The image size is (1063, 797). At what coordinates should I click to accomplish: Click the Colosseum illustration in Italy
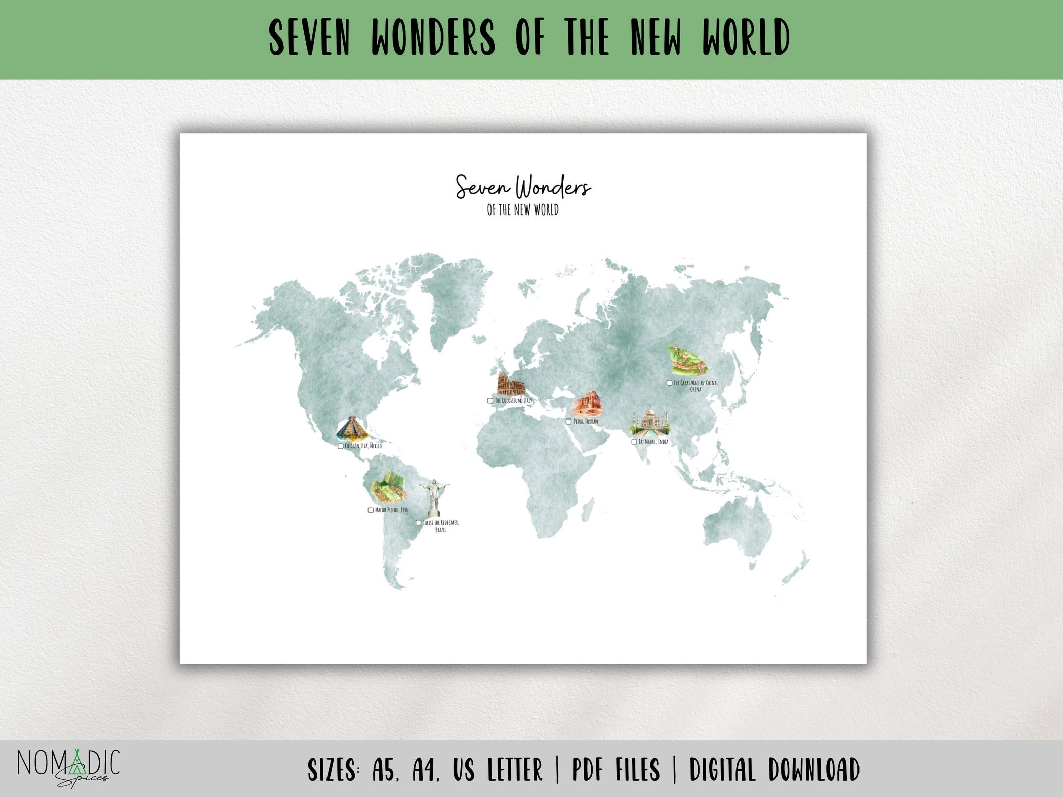pos(511,384)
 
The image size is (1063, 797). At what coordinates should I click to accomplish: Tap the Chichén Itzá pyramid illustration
pos(352,429)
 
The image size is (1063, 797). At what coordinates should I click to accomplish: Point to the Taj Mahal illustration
pos(649,423)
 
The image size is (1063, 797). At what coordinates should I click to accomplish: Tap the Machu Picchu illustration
pos(388,488)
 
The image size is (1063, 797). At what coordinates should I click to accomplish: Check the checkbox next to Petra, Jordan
pos(568,422)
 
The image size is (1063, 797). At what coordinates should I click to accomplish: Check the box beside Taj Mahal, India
pos(634,442)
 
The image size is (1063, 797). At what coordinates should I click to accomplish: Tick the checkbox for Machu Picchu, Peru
pos(371,510)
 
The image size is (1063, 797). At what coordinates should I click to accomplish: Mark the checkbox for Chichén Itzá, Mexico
pos(340,446)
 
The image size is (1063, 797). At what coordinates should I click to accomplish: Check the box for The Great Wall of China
pos(669,383)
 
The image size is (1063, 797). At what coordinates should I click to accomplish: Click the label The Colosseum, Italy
pos(513,401)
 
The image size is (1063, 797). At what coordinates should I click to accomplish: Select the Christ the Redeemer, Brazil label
pos(440,526)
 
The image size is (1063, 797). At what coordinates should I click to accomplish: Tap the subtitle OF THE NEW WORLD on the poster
pos(523,210)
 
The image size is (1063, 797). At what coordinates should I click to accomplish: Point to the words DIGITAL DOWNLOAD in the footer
pos(774,770)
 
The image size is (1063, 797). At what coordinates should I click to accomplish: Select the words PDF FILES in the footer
pos(616,770)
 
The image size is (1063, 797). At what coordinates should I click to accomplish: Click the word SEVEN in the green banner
pos(309,38)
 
